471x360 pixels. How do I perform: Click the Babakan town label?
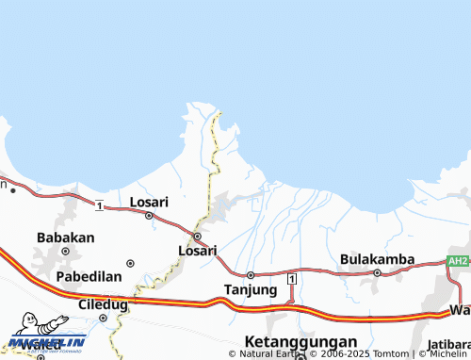tap(65, 237)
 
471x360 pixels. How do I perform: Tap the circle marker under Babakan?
tap(65, 252)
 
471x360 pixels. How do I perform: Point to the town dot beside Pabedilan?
tap(130, 264)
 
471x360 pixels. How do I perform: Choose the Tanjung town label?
tap(250, 289)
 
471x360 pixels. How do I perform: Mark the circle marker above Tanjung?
tap(250, 275)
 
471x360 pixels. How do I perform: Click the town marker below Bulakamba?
tap(377, 273)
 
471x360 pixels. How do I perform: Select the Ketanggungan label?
tap(300, 341)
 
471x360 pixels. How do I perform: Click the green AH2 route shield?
tap(457, 261)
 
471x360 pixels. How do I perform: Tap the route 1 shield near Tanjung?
tap(292, 279)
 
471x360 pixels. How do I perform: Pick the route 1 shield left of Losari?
tap(99, 205)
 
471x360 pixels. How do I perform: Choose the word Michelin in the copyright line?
tap(447, 353)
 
